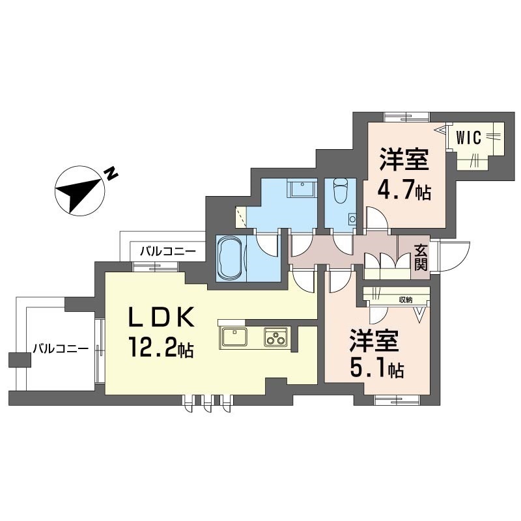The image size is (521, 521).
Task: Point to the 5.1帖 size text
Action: click(x=376, y=369)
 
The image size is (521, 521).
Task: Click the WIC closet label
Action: click(x=468, y=137)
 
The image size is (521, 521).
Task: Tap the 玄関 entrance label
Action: click(x=420, y=256)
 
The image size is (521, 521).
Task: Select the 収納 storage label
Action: click(x=406, y=300)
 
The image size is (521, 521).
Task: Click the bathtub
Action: click(x=232, y=259)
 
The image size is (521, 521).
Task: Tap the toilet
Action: click(x=341, y=191)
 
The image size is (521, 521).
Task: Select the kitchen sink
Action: click(x=234, y=337)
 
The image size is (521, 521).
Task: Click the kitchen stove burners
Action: click(x=275, y=337)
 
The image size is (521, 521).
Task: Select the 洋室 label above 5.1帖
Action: click(x=376, y=340)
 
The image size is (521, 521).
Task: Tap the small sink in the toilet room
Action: click(x=352, y=219)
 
